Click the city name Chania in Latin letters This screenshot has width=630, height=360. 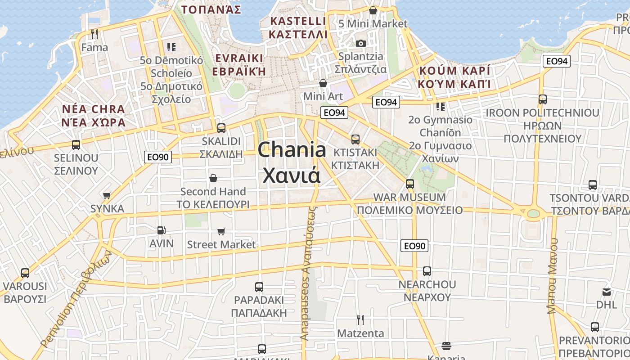292,150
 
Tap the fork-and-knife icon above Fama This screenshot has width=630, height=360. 94,34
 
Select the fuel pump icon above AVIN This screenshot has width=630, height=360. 161,230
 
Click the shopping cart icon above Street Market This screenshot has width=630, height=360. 221,231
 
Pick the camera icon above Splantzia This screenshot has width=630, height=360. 360,43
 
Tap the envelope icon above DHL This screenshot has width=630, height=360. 607,292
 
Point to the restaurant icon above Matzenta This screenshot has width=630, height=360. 360,319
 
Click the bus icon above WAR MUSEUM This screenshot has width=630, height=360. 409,184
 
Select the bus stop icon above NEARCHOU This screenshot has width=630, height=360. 427,271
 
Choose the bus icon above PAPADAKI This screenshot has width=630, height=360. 259,287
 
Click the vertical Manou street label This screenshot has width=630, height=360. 553,275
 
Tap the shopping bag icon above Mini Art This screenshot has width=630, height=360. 323,83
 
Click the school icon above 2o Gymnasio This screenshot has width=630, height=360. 440,107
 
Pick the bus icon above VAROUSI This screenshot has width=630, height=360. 25,273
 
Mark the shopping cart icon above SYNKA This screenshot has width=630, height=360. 107,195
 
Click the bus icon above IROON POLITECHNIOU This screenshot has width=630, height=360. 542,99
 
